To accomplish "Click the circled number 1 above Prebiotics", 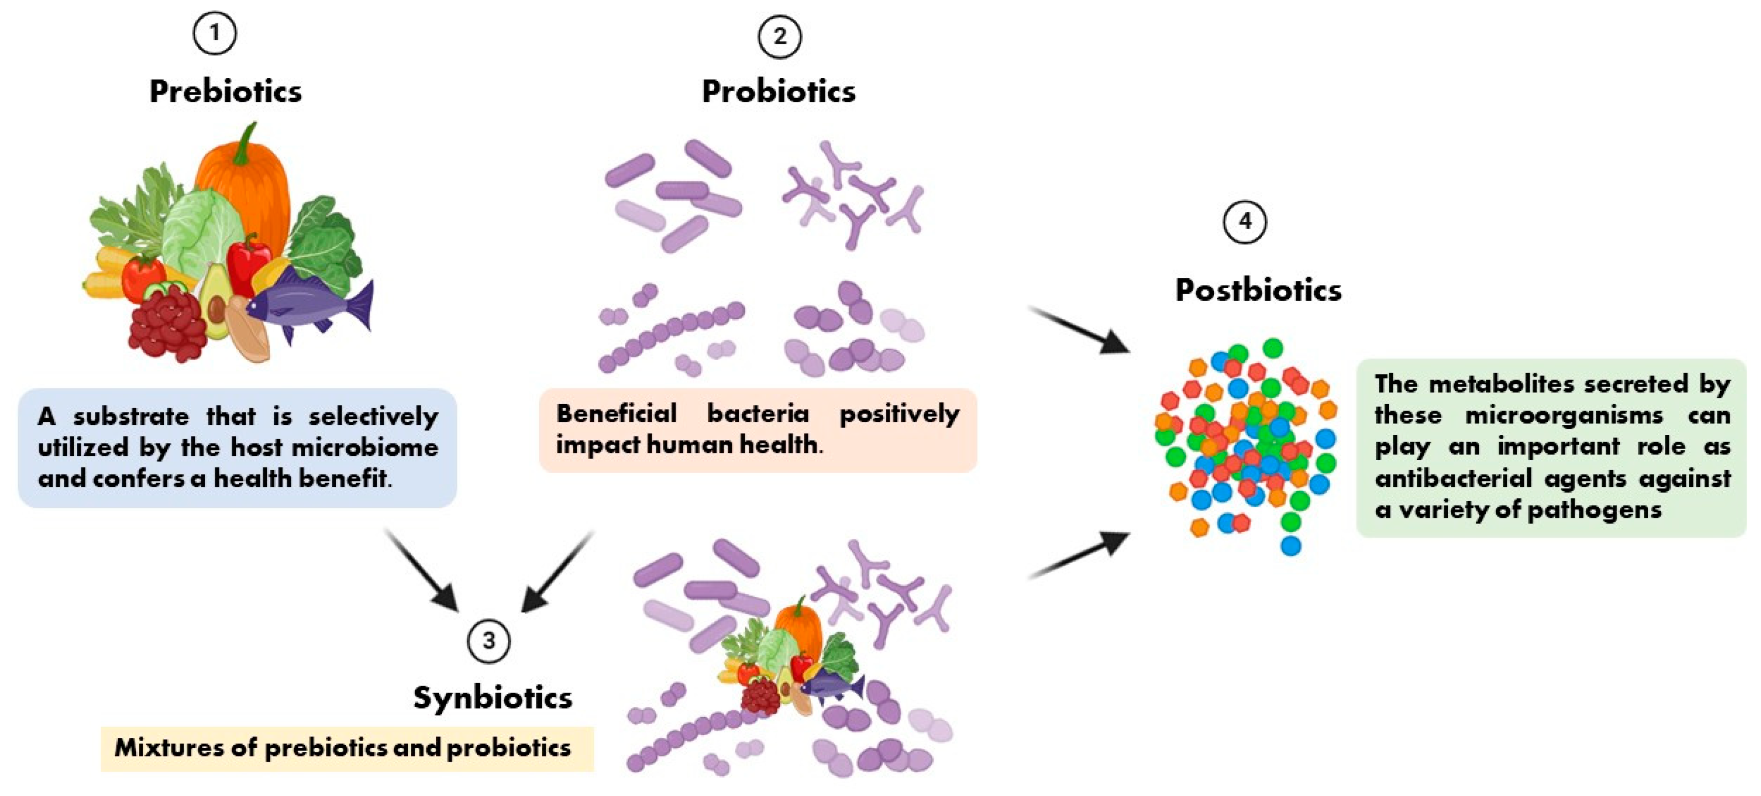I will pos(215,33).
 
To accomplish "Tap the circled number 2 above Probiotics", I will pos(780,37).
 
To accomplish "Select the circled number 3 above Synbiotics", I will pos(488,641).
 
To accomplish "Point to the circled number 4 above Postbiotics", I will pos(1244,222).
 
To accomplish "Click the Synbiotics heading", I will pos(492,698).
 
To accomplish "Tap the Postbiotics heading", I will pos(1258,290).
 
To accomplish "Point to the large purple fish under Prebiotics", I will pos(307,304).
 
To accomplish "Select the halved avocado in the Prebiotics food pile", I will pos(215,301).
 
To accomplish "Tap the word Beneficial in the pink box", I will pos(616,413).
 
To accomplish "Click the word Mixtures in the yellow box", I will pos(168,747).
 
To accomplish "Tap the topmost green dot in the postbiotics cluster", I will pos(1272,347).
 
